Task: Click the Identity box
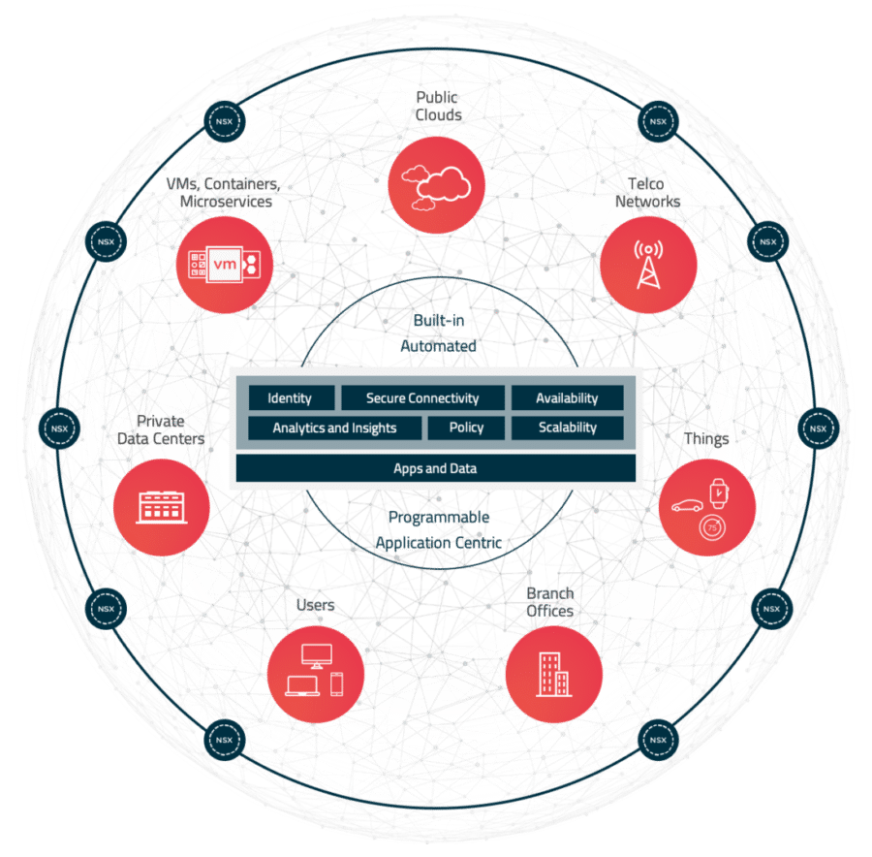tap(291, 397)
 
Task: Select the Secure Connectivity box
tap(422, 397)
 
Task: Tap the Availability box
tap(567, 397)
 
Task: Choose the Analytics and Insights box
tap(335, 428)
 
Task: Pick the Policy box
tap(467, 428)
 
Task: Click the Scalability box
tap(567, 428)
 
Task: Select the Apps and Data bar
tap(435, 468)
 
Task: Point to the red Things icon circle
tap(707, 507)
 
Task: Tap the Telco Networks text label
tap(647, 192)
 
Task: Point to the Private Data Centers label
tap(161, 429)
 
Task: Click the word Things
tap(706, 438)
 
